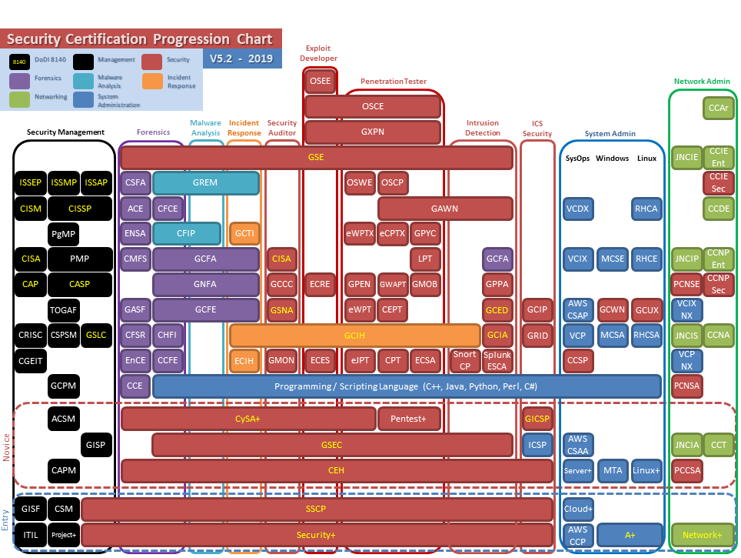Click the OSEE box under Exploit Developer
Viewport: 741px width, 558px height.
320,81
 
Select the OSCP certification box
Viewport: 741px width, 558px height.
392,182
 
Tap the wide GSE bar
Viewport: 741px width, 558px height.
316,157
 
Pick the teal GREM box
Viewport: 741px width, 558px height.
205,182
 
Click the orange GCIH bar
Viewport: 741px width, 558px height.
354,336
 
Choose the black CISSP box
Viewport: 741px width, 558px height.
80,209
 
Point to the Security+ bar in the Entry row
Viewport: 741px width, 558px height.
316,535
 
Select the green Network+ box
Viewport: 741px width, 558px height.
702,535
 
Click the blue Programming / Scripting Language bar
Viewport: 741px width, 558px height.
407,386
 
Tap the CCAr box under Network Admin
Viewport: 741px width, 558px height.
719,109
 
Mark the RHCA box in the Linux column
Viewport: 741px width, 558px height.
645,209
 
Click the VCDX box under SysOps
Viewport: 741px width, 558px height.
577,209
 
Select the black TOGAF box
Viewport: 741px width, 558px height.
63,310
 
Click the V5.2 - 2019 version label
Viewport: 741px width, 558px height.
242,58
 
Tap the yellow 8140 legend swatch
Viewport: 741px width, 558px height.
20,62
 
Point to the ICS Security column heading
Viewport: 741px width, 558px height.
537,129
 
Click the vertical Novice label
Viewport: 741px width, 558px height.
7,446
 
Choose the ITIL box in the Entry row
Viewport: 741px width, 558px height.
30,535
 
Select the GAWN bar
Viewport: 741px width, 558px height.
444,209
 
